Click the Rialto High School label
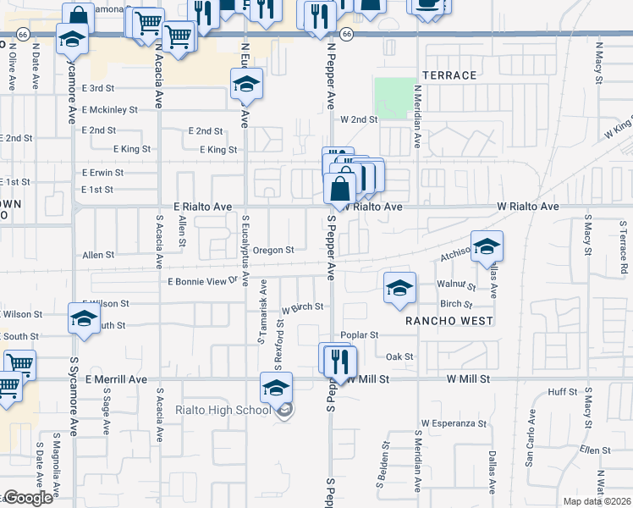tap(223, 411)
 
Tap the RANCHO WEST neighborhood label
tap(448, 321)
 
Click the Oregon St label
tap(272, 250)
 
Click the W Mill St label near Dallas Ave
tap(468, 379)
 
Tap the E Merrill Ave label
tap(117, 379)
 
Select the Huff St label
tap(562, 391)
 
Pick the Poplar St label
tap(360, 335)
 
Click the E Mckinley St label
tap(110, 109)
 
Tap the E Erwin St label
tap(102, 172)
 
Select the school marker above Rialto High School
tap(276, 388)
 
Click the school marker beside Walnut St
tap(400, 289)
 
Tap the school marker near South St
tap(84, 320)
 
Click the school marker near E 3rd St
tap(246, 84)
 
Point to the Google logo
tap(29, 498)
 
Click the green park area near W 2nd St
tap(390, 97)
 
